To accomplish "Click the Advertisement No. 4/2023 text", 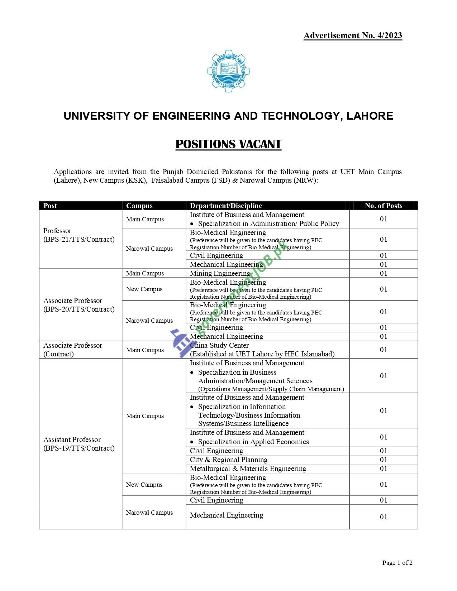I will [x=353, y=35].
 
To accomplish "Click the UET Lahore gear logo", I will [x=228, y=71].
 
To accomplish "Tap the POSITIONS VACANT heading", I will [x=228, y=144].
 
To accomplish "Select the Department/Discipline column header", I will [x=226, y=206].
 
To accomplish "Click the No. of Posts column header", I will [x=383, y=206].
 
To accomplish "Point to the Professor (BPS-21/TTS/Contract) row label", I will [x=79, y=235].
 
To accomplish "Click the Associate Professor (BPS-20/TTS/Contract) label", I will [x=79, y=305].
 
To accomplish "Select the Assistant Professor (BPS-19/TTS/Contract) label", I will [x=79, y=444].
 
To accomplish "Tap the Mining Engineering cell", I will [x=220, y=273].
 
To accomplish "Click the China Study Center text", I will [x=219, y=345].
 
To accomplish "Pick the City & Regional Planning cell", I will [x=228, y=460].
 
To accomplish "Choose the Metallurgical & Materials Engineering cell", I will [x=248, y=469].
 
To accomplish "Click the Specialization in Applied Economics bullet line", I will [x=253, y=442].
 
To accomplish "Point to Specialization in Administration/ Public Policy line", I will [x=268, y=224].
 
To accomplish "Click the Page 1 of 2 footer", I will [x=397, y=563].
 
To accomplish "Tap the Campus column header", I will [x=139, y=206].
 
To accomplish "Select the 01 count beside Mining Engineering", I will [x=384, y=273].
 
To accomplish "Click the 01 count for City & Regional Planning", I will [x=384, y=460].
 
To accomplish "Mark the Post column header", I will [x=50, y=206].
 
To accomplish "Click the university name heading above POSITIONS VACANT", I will [x=228, y=116].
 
